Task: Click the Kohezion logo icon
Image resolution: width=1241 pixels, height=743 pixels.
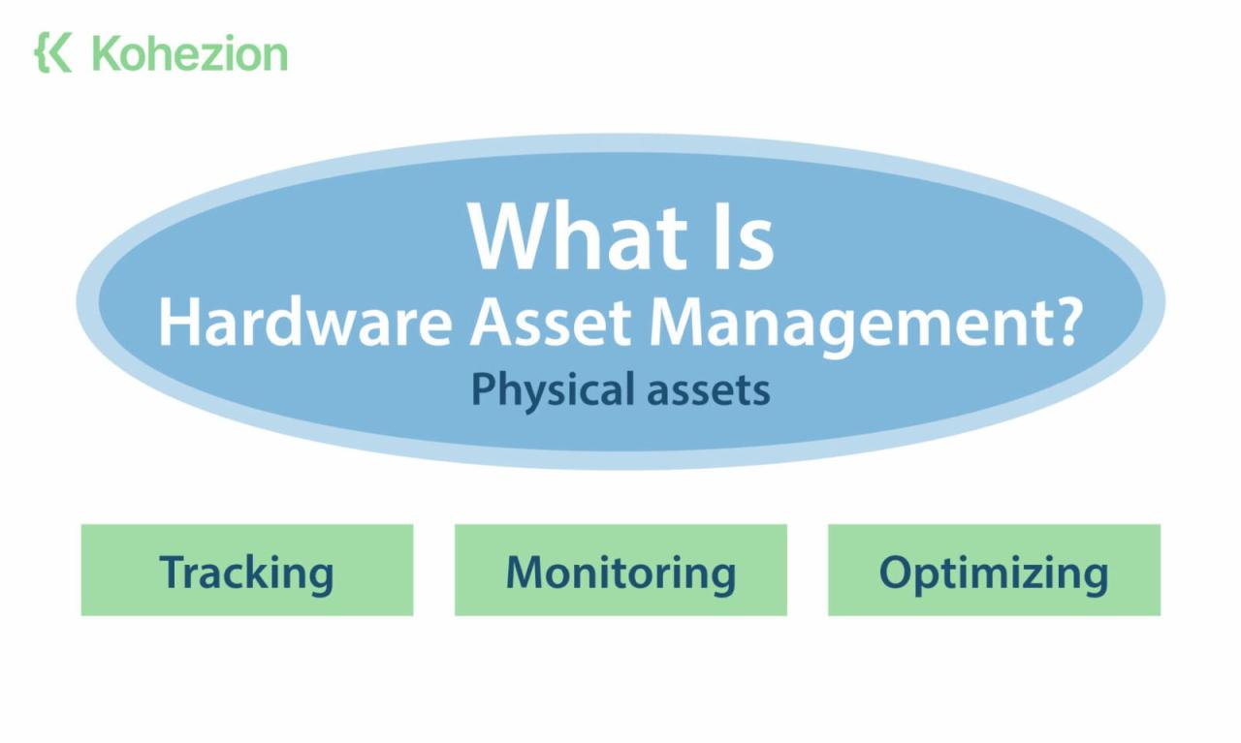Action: [53, 52]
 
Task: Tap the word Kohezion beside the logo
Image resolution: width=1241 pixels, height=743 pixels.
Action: [190, 53]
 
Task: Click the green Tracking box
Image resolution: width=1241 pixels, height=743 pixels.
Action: [247, 571]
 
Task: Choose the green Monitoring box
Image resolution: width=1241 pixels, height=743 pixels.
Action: [620, 571]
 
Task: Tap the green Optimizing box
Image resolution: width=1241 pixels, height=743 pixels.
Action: [994, 571]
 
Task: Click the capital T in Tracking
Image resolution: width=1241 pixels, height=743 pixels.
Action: [172, 572]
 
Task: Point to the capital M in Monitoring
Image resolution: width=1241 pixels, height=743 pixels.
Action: [524, 572]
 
